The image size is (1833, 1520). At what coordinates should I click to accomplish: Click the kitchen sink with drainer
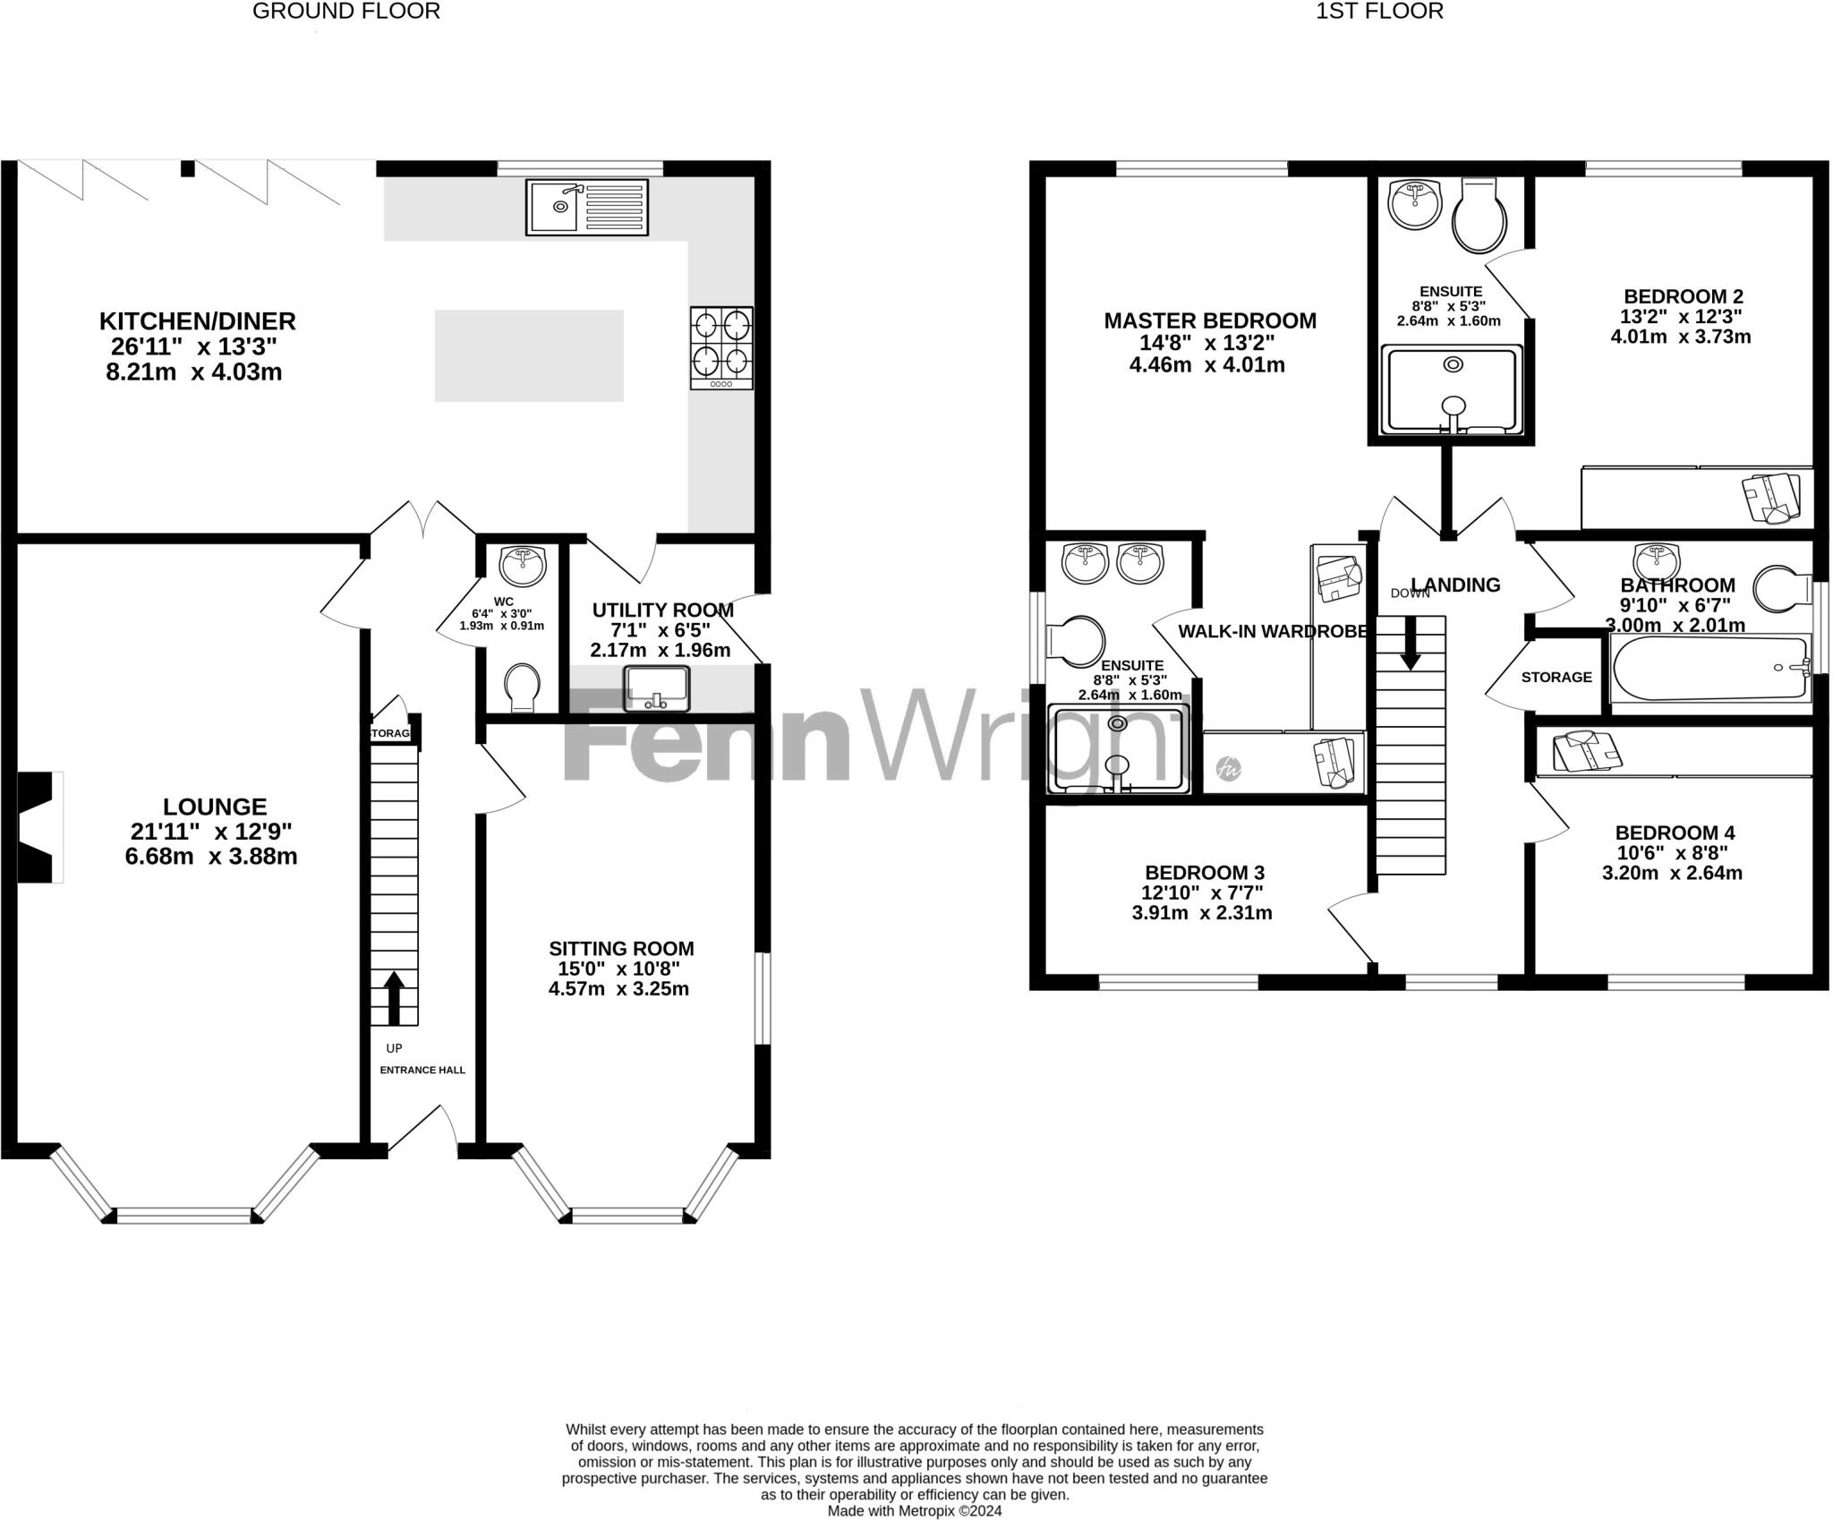(x=587, y=208)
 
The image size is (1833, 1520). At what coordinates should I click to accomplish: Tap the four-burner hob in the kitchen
(x=721, y=347)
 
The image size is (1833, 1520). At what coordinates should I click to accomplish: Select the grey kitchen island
(x=529, y=355)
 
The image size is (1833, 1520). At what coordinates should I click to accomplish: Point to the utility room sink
(x=658, y=687)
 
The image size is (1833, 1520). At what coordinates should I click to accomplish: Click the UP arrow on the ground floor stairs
(x=394, y=997)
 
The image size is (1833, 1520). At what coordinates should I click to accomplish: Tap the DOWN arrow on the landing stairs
(x=1411, y=643)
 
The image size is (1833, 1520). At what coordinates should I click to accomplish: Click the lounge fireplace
(x=40, y=827)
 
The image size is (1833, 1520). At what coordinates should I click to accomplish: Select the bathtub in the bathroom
(x=1708, y=668)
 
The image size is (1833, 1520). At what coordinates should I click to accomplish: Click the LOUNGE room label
(x=215, y=807)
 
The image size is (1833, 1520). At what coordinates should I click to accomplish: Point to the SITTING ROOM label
(x=621, y=948)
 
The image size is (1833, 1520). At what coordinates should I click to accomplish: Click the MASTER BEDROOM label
(x=1210, y=320)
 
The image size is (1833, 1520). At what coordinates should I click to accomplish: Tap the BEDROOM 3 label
(x=1205, y=872)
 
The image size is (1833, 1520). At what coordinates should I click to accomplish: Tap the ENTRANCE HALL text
(x=422, y=1070)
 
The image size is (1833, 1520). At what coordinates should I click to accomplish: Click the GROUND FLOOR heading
(x=346, y=12)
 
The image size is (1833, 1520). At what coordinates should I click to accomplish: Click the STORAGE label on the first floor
(x=1556, y=677)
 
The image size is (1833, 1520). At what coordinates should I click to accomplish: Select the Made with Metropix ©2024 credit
(x=915, y=1511)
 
